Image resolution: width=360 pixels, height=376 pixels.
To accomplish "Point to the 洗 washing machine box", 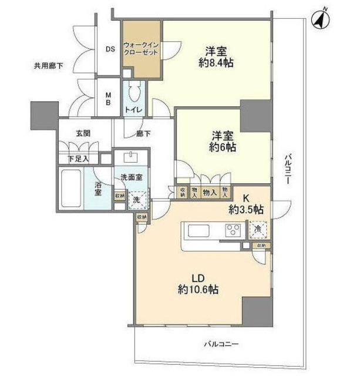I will click(x=137, y=200).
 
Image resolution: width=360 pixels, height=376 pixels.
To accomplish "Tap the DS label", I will click(x=110, y=49).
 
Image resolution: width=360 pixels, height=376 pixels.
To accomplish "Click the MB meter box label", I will click(x=109, y=98).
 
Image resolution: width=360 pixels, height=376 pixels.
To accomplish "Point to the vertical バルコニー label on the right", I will click(x=287, y=170).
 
